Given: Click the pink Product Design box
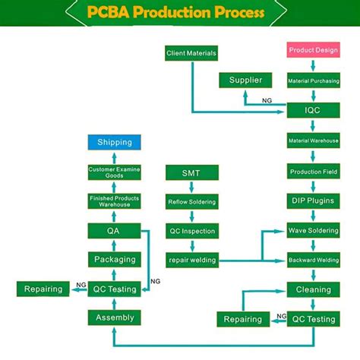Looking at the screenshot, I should click(x=313, y=51).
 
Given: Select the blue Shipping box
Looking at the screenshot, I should click(x=115, y=142).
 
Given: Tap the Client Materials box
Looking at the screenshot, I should click(x=191, y=53).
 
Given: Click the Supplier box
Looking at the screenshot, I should click(x=245, y=81).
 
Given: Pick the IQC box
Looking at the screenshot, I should click(x=313, y=111).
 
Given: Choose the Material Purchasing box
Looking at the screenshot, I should click(x=313, y=81).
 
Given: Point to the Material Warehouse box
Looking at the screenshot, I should click(x=313, y=141).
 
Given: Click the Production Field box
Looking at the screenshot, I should click(x=313, y=172).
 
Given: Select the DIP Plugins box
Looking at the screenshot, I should click(x=313, y=201).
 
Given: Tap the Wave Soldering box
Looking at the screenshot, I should click(x=313, y=231).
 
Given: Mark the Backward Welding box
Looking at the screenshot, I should click(x=313, y=261).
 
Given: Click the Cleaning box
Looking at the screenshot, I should click(x=313, y=289).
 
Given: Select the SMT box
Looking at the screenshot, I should click(x=191, y=173).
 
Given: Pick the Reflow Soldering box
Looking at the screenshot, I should click(x=191, y=202).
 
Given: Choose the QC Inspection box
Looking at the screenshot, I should click(x=191, y=231).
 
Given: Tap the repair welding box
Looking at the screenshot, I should click(x=191, y=261).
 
